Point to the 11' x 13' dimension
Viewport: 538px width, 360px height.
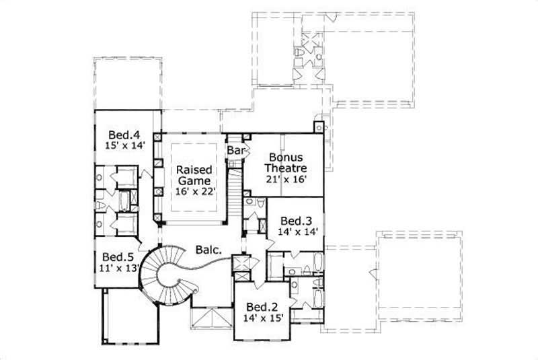point(117,268)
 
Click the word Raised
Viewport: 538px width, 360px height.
point(194,170)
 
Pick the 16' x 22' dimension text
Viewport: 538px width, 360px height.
point(194,192)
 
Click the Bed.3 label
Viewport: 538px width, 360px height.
point(296,220)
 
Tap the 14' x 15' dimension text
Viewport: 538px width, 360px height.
point(262,316)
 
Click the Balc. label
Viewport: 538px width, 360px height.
point(209,250)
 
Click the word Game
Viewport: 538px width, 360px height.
point(194,181)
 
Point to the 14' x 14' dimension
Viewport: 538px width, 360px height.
point(296,231)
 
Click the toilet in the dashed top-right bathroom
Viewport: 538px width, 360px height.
point(297,52)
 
